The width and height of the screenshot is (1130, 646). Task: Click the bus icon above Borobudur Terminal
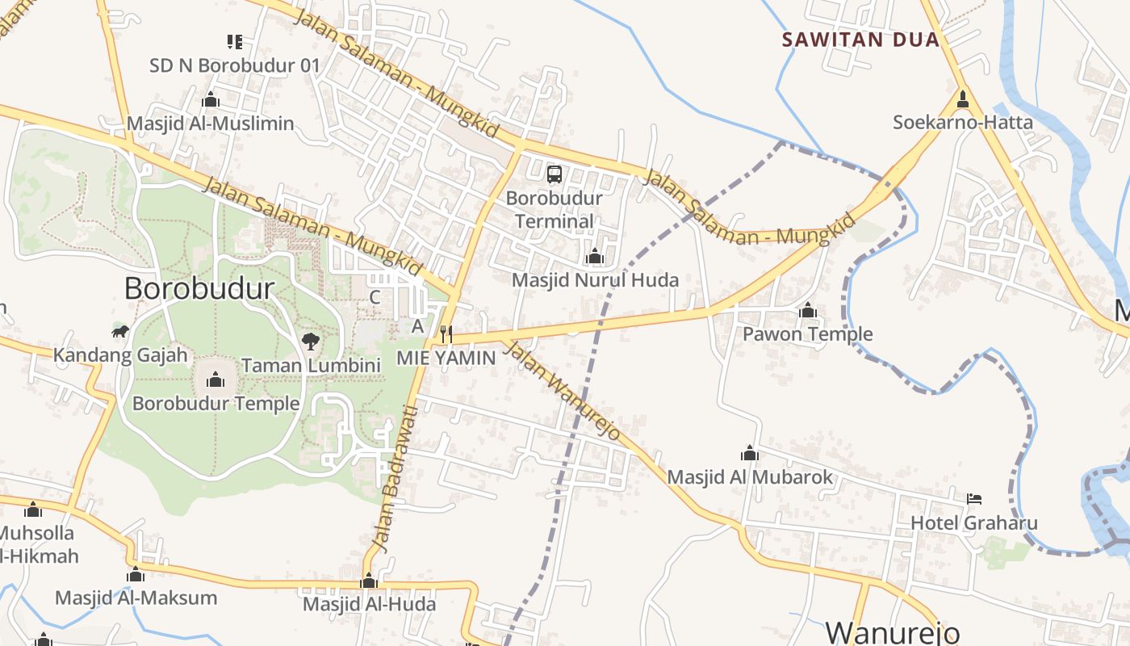pyautogui.click(x=555, y=174)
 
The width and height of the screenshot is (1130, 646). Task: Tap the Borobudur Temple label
pyautogui.click(x=216, y=403)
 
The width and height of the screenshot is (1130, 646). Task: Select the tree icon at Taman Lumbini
pyautogui.click(x=310, y=342)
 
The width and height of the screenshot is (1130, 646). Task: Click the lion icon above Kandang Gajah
pyautogui.click(x=120, y=332)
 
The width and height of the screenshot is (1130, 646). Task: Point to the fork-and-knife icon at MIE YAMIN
pyautogui.click(x=446, y=333)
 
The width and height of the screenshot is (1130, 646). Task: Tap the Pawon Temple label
pyautogui.click(x=807, y=333)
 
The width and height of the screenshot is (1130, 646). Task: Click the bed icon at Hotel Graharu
pyautogui.click(x=974, y=499)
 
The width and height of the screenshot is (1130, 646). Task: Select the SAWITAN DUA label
pyautogui.click(x=861, y=40)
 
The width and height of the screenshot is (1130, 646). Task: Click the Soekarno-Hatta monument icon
pyautogui.click(x=962, y=100)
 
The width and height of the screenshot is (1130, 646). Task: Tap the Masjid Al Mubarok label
pyautogui.click(x=749, y=477)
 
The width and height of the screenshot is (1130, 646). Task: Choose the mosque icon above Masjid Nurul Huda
pyautogui.click(x=595, y=257)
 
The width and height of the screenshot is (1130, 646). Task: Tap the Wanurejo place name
pyautogui.click(x=891, y=631)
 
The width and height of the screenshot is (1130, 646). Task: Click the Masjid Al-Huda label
pyautogui.click(x=369, y=604)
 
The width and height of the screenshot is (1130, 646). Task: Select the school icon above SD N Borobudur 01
pyautogui.click(x=234, y=41)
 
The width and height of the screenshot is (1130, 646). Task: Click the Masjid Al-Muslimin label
pyautogui.click(x=210, y=124)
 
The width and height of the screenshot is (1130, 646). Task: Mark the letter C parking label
pyautogui.click(x=375, y=297)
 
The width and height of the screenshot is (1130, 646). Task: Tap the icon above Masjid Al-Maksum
pyautogui.click(x=136, y=575)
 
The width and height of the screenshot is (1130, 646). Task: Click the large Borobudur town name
pyautogui.click(x=199, y=288)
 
